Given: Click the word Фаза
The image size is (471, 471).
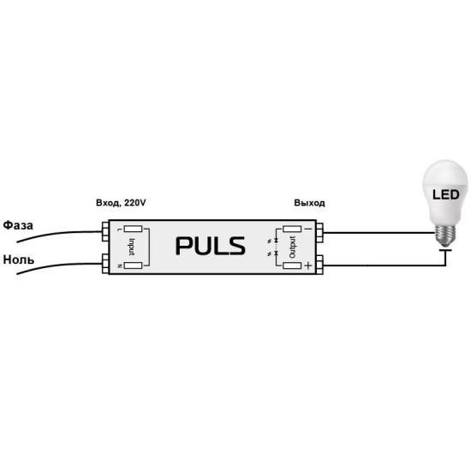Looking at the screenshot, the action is (x=18, y=225).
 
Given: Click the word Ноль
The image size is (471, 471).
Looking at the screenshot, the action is (x=19, y=259).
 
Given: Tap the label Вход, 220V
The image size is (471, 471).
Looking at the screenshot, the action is (x=121, y=203).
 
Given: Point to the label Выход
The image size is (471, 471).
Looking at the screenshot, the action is (x=309, y=203).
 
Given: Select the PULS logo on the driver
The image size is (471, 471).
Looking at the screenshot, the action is (x=211, y=246).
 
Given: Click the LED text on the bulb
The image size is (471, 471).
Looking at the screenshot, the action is (x=446, y=194).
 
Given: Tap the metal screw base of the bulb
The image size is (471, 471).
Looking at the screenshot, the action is (x=446, y=234).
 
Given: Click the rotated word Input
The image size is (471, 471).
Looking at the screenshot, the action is (x=132, y=247).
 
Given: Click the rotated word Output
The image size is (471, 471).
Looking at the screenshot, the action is (x=292, y=247).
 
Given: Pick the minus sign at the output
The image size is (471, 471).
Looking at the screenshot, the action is (x=308, y=229).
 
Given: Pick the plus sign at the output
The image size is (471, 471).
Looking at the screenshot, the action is (x=308, y=265).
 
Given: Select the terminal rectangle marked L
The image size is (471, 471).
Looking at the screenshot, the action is (x=133, y=230).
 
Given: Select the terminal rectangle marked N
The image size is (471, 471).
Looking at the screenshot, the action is (x=133, y=265).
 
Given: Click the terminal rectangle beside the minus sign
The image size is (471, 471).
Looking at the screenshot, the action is (x=292, y=230).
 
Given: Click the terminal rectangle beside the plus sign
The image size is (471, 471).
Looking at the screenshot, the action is (x=292, y=265).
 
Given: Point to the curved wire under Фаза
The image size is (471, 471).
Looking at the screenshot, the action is (x=58, y=234).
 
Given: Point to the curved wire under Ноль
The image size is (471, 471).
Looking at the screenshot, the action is (x=58, y=265).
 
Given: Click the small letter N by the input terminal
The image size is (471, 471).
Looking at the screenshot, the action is (x=120, y=265).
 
